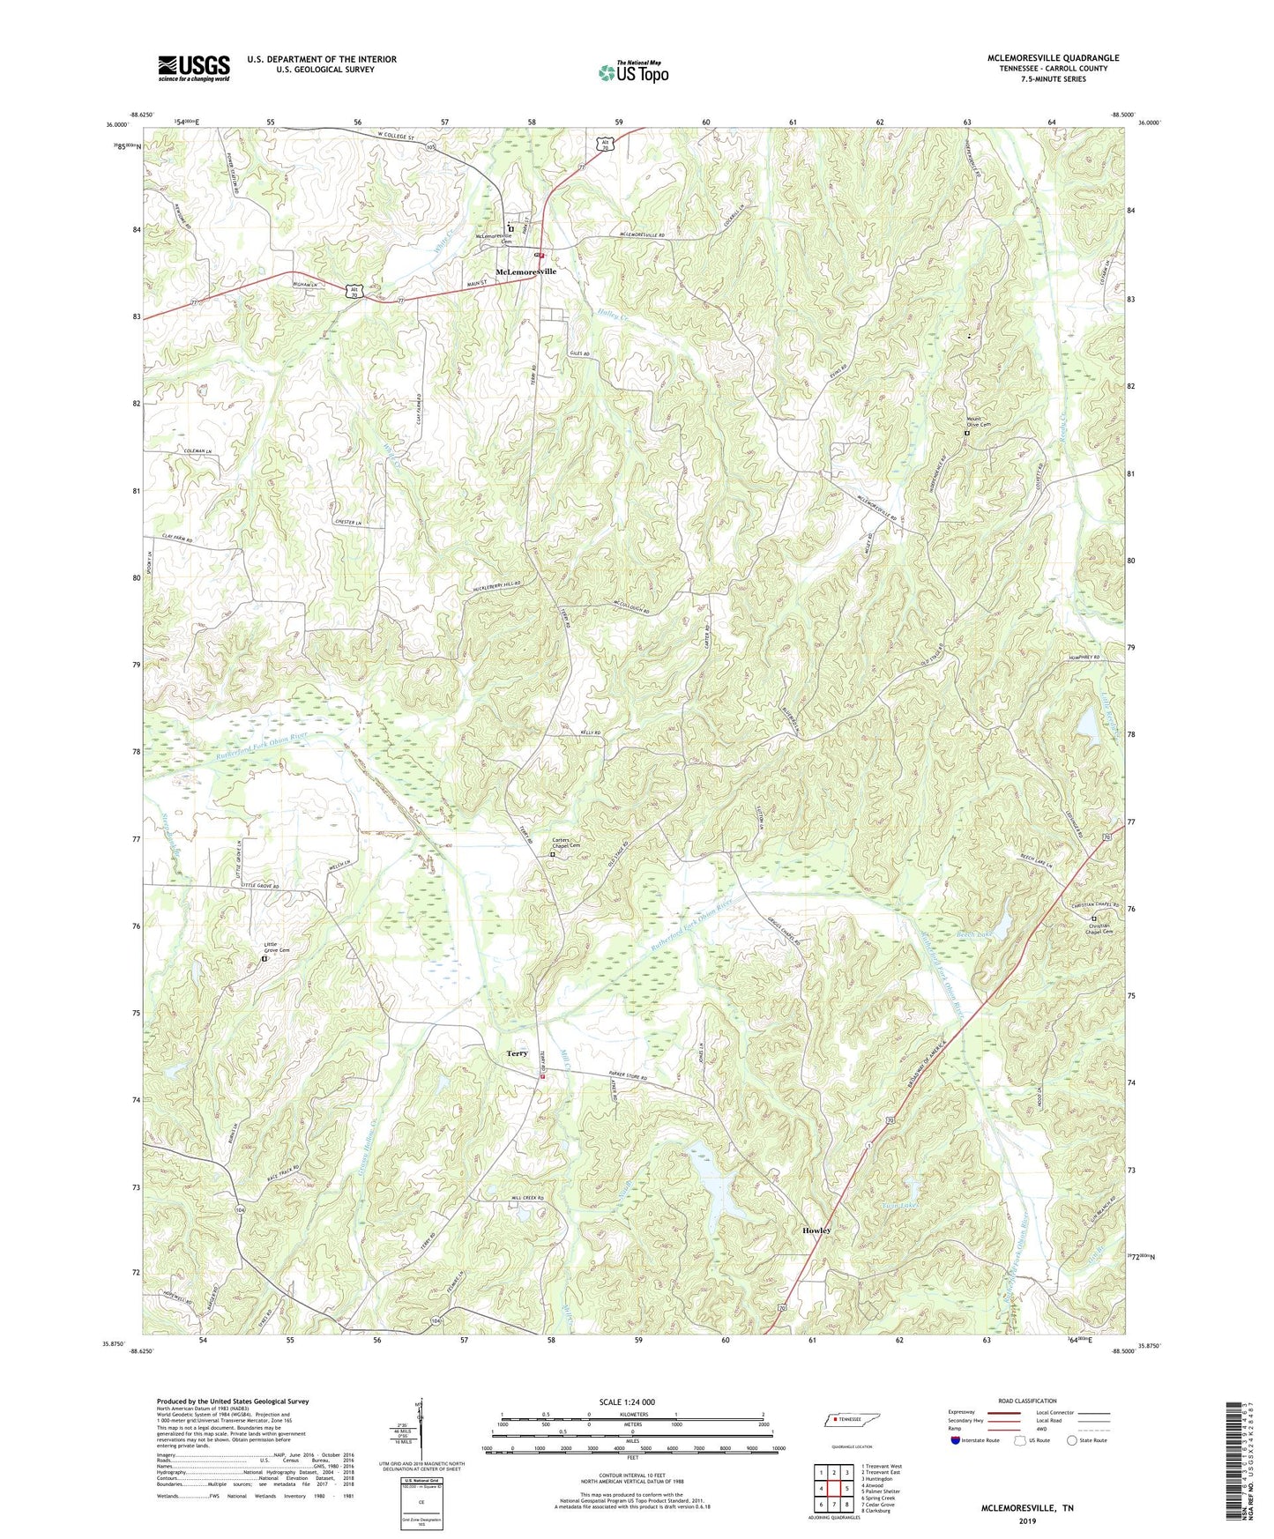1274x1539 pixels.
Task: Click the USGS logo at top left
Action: (x=193, y=68)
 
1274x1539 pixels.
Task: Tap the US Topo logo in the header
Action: (x=633, y=72)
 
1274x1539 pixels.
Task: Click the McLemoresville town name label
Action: (x=526, y=271)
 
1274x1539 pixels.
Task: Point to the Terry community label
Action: (x=517, y=1053)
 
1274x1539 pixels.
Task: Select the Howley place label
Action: (x=816, y=1230)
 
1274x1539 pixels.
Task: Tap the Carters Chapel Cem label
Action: (x=566, y=843)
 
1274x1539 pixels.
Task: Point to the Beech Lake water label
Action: (x=975, y=934)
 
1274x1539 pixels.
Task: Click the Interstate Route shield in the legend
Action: (x=956, y=1440)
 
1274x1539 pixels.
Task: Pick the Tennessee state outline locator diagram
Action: (x=853, y=1421)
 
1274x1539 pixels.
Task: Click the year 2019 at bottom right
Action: (x=1027, y=1520)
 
